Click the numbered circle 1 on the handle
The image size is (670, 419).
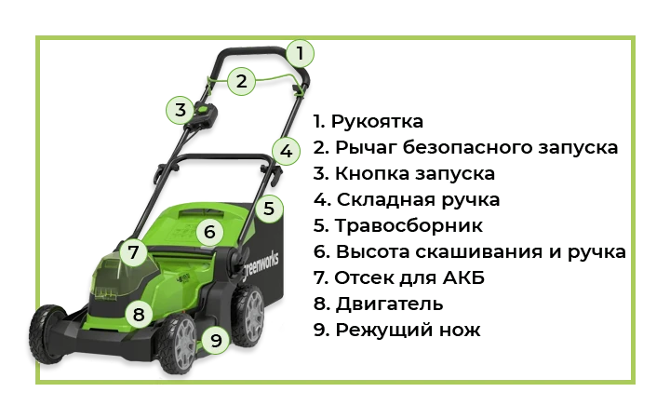300,53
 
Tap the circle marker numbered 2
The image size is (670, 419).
241,81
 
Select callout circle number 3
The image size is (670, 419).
181,110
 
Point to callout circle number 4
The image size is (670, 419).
286,152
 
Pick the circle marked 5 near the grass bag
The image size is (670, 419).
268,209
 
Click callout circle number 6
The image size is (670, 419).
209,232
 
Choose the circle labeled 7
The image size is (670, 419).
133,252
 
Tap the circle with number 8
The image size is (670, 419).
139,315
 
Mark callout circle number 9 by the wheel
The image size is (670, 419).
216,341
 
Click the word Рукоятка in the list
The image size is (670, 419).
377,122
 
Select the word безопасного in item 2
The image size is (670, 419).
467,147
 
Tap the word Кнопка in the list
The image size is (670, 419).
372,173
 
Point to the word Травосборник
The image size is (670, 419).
409,225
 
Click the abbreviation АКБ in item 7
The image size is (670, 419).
463,277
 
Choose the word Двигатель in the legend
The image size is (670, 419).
389,304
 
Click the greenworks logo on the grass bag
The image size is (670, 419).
261,265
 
